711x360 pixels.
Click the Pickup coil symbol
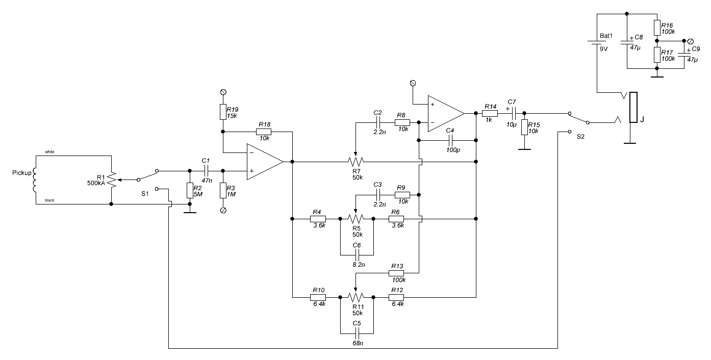point(34,180)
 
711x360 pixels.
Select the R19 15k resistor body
point(223,112)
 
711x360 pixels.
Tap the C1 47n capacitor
point(207,171)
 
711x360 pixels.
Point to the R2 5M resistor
point(190,191)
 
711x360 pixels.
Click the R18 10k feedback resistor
point(264,132)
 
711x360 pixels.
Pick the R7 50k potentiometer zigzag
point(356,162)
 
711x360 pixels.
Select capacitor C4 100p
point(450,140)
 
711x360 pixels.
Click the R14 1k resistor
point(490,113)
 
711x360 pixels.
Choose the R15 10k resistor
point(524,127)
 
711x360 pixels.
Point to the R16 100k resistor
point(657,28)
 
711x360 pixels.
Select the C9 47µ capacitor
point(684,54)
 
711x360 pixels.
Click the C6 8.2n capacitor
point(357,255)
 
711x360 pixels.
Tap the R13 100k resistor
point(396,273)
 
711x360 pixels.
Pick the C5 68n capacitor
point(357,333)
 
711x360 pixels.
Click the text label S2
point(580,137)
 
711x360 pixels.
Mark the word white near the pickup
point(49,152)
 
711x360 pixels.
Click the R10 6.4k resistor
point(318,297)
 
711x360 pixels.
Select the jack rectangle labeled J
point(633,107)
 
